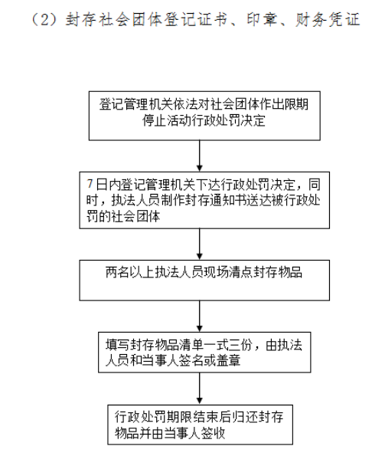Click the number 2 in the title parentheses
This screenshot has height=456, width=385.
coord(45,19)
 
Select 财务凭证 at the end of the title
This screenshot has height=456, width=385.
coord(328,19)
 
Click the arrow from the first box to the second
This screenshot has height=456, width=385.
coord(200,156)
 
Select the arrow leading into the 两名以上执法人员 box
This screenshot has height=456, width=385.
coord(200,244)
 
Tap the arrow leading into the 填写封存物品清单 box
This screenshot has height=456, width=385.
coord(200,316)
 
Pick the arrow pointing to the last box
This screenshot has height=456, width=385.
coord(200,389)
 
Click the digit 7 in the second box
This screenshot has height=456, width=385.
coord(90,185)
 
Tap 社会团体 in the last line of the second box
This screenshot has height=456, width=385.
coord(136,216)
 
